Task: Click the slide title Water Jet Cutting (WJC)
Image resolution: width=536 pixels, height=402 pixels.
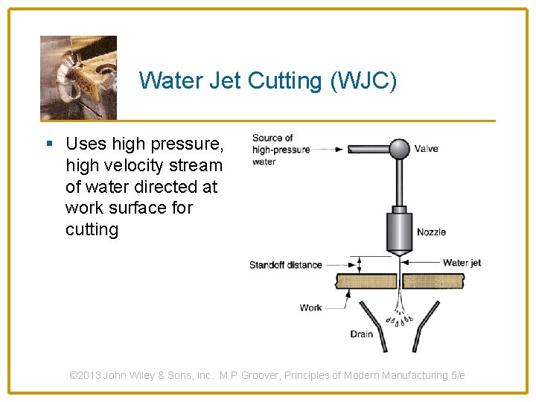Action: pos(268,80)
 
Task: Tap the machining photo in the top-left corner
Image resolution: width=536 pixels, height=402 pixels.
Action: pos(78,77)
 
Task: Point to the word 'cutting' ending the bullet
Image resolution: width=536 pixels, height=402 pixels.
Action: pos(92,229)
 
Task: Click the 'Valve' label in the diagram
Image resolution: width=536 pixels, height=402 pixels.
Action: pos(426,149)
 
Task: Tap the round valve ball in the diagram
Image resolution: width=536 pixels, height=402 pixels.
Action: pos(400,149)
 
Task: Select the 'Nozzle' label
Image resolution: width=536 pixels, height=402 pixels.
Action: pos(431,232)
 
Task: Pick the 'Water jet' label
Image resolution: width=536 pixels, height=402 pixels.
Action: pos(462,263)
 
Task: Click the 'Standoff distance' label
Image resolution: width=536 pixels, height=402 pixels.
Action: pos(286,265)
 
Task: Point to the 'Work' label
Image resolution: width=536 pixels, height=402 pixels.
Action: pos(310,307)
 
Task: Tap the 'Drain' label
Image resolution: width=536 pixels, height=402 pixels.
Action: pos(362,334)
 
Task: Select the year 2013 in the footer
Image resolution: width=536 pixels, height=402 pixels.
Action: pos(90,376)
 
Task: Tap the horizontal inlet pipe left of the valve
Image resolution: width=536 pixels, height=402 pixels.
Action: pos(368,149)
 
